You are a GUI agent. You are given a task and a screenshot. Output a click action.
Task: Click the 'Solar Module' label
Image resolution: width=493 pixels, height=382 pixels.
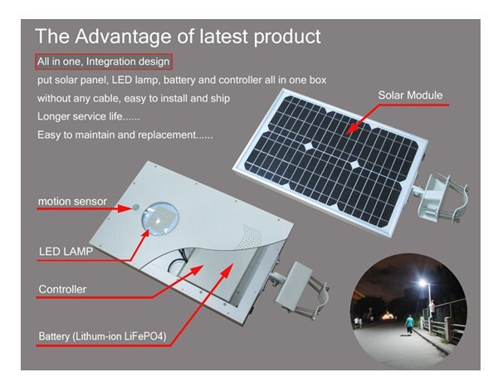[x=410, y=95]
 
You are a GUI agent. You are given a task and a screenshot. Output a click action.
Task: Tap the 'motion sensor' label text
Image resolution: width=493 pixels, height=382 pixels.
[x=72, y=201]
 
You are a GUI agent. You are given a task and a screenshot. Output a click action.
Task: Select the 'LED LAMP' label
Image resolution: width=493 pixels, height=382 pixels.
[x=66, y=252]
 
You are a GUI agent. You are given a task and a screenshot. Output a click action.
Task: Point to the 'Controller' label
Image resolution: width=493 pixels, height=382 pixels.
[x=62, y=289]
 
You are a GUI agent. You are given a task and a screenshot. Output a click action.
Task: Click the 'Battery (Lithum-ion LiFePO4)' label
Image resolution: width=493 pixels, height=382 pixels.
[x=102, y=336]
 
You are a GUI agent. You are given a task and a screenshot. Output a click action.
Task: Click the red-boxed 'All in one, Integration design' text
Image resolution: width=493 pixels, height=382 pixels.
[x=104, y=61]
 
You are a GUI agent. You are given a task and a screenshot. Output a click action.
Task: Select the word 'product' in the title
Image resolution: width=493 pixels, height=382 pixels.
[x=287, y=37]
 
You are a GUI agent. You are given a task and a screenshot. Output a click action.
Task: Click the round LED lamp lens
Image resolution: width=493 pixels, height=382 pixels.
[x=159, y=218]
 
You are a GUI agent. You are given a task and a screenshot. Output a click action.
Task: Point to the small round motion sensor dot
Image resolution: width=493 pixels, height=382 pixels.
[x=135, y=207]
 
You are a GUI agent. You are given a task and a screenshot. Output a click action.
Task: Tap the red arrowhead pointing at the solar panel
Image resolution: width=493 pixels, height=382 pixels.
[x=353, y=128]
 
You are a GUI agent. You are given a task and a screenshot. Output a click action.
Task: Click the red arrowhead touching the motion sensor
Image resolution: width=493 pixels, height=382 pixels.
[x=125, y=208]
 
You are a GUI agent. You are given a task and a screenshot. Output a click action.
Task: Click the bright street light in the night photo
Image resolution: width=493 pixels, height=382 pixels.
[x=422, y=282]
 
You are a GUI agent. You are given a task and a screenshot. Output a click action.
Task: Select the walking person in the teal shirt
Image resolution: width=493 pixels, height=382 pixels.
[x=409, y=325]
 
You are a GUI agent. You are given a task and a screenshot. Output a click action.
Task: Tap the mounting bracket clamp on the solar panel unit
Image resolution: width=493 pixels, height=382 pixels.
[x=441, y=198]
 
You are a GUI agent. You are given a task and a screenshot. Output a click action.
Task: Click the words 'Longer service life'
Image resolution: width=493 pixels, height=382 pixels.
[x=79, y=116]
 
